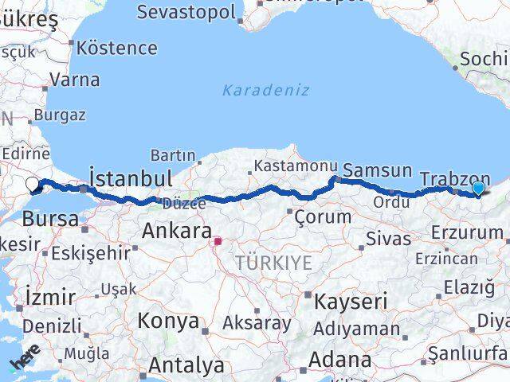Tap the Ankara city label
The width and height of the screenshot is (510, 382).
177,232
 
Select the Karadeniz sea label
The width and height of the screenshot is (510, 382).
265,90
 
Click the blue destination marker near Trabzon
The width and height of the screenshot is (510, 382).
477,188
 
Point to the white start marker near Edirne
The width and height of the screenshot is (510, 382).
33,185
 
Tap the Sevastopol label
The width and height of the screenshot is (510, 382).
186,13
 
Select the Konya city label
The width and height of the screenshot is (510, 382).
168,322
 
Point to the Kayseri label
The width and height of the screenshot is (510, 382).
351,302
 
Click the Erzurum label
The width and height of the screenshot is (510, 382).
467,233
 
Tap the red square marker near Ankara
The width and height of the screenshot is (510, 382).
218,239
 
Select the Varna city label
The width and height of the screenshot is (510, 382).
74,80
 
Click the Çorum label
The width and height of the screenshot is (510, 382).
323,216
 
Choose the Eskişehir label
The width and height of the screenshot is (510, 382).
90,254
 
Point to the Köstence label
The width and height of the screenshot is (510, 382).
117,48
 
